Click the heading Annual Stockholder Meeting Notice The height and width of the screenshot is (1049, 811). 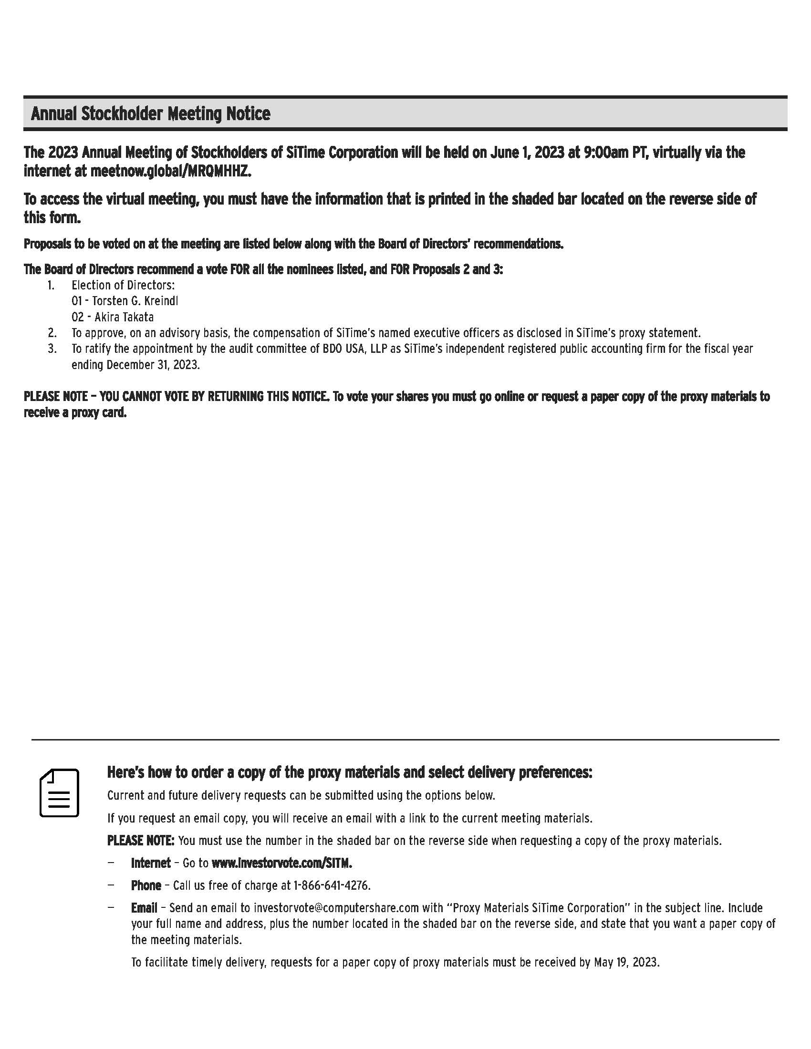[x=150, y=114]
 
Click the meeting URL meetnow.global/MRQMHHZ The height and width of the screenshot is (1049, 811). [x=171, y=172]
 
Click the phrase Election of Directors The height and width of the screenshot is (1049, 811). [x=123, y=285]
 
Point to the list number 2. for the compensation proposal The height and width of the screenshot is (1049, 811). [x=52, y=333]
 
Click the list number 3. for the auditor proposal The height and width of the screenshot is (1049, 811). [x=52, y=349]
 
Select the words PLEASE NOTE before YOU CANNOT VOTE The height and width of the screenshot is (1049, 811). [x=56, y=397]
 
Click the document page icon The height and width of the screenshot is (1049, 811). [x=59, y=793]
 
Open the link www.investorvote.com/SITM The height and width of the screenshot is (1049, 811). [x=281, y=863]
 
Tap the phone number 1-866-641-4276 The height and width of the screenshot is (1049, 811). [x=332, y=885]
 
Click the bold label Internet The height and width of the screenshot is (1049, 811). [x=151, y=863]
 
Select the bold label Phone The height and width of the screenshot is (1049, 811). [x=146, y=885]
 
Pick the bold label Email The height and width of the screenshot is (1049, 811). [x=144, y=908]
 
